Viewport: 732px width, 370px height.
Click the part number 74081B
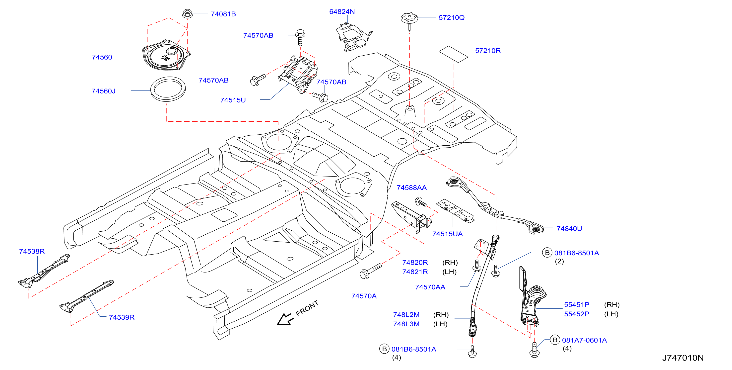(x=223, y=14)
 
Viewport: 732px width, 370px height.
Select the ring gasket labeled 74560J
(x=168, y=89)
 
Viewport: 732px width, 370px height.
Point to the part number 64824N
(x=342, y=12)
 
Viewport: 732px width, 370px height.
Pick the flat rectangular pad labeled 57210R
(x=453, y=54)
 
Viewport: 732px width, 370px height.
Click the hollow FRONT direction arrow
(x=284, y=319)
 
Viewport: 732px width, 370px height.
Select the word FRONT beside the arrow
(x=307, y=308)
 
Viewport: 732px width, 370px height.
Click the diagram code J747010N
(x=683, y=358)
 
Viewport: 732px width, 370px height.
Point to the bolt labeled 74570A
(x=370, y=271)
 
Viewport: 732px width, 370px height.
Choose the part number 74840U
(x=569, y=229)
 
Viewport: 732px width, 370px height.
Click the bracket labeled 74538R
(x=44, y=271)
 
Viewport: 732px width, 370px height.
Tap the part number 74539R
(x=122, y=317)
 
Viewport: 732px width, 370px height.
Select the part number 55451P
(x=577, y=305)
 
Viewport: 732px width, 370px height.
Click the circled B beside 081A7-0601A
(x=555, y=340)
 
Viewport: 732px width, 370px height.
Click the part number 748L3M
(x=406, y=324)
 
